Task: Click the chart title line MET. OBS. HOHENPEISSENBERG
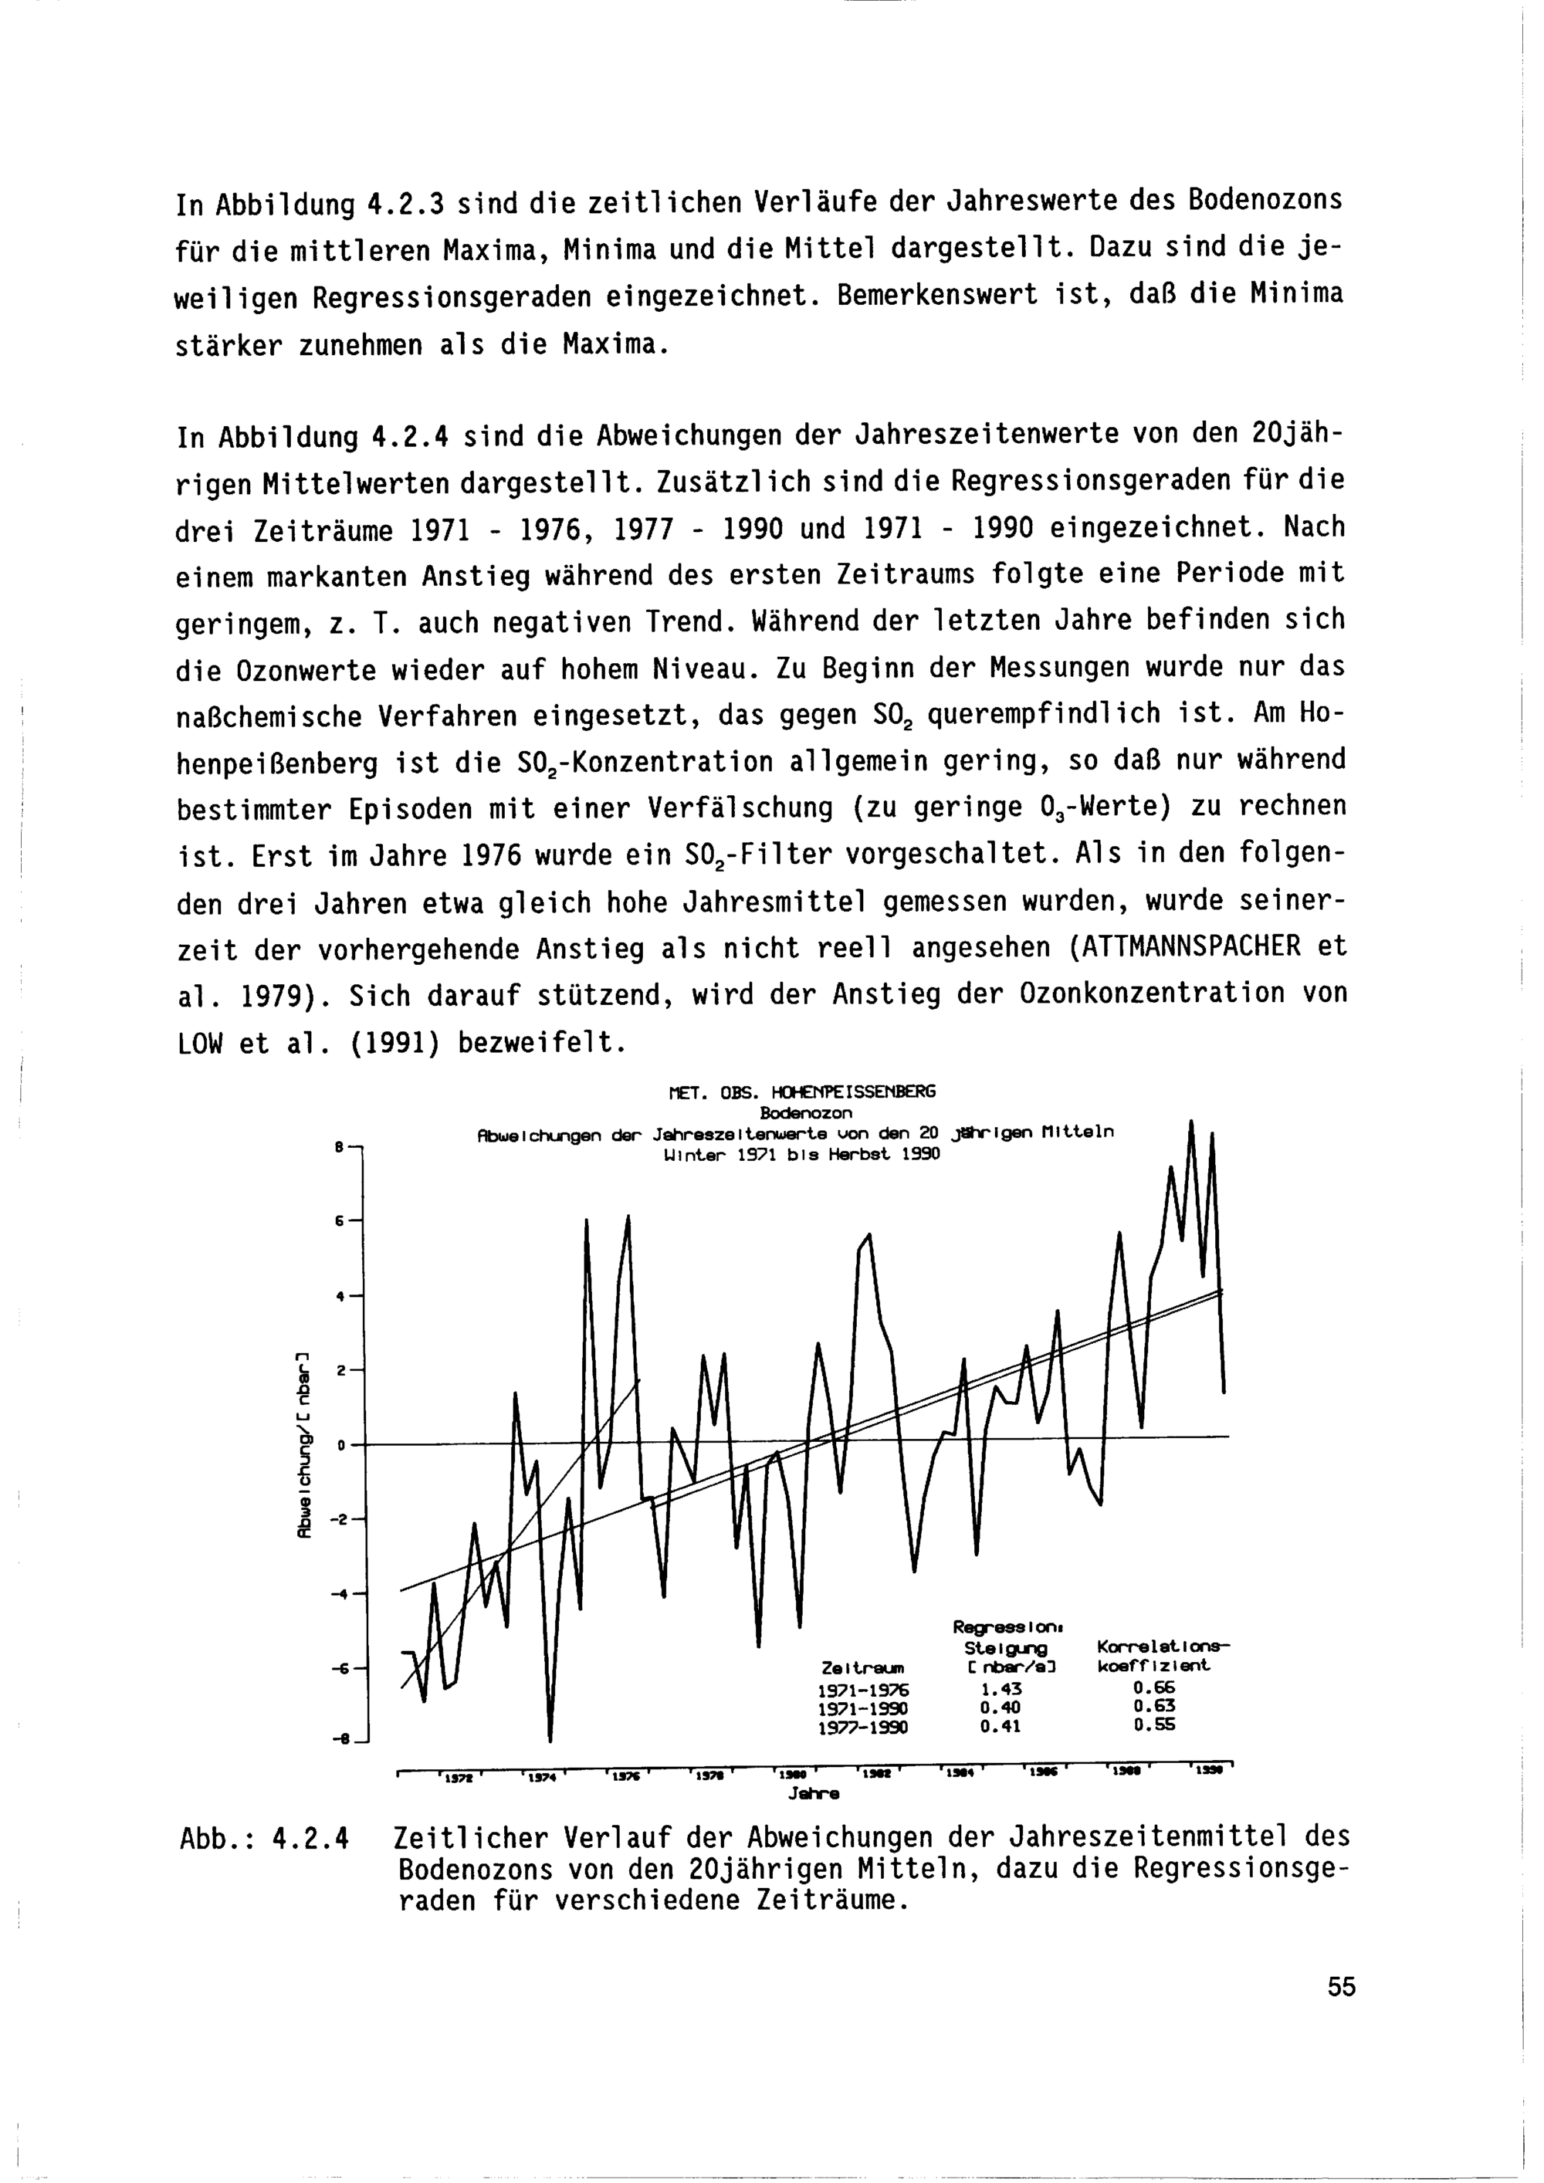(802, 1091)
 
